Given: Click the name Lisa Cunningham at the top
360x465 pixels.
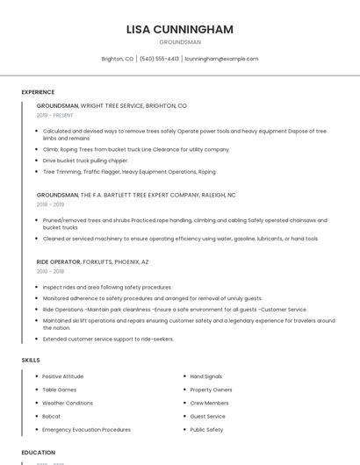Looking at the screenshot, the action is tap(180, 29).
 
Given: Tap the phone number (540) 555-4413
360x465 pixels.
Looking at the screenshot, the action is tap(159, 59).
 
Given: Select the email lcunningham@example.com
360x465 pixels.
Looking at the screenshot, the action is tap(221, 59).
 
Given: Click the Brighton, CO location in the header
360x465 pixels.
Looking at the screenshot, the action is tap(118, 59).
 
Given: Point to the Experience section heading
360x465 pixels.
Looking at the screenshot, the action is tap(38, 92).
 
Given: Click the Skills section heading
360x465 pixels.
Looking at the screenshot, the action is tap(31, 360).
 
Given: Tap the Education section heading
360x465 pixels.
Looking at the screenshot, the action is tap(39, 453).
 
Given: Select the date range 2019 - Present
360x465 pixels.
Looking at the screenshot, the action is tap(54, 115).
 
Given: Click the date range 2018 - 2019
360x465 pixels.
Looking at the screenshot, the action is tap(50, 204).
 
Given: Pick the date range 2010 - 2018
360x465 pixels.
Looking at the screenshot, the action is tap(50, 271).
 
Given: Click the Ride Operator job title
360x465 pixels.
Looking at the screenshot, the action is tap(58, 261).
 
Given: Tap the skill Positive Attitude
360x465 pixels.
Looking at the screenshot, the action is tap(63, 376).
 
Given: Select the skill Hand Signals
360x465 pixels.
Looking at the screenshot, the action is tap(207, 376).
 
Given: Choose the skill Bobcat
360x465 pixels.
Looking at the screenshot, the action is tap(52, 416).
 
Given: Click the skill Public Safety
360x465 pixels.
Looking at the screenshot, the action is tap(207, 430).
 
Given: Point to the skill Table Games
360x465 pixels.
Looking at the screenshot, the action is tap(60, 390).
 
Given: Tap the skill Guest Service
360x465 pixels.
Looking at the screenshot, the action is tap(208, 416).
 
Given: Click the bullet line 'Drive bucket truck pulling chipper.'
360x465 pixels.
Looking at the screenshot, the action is tap(85, 161).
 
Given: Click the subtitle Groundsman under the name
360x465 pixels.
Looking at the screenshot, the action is tap(180, 42).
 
